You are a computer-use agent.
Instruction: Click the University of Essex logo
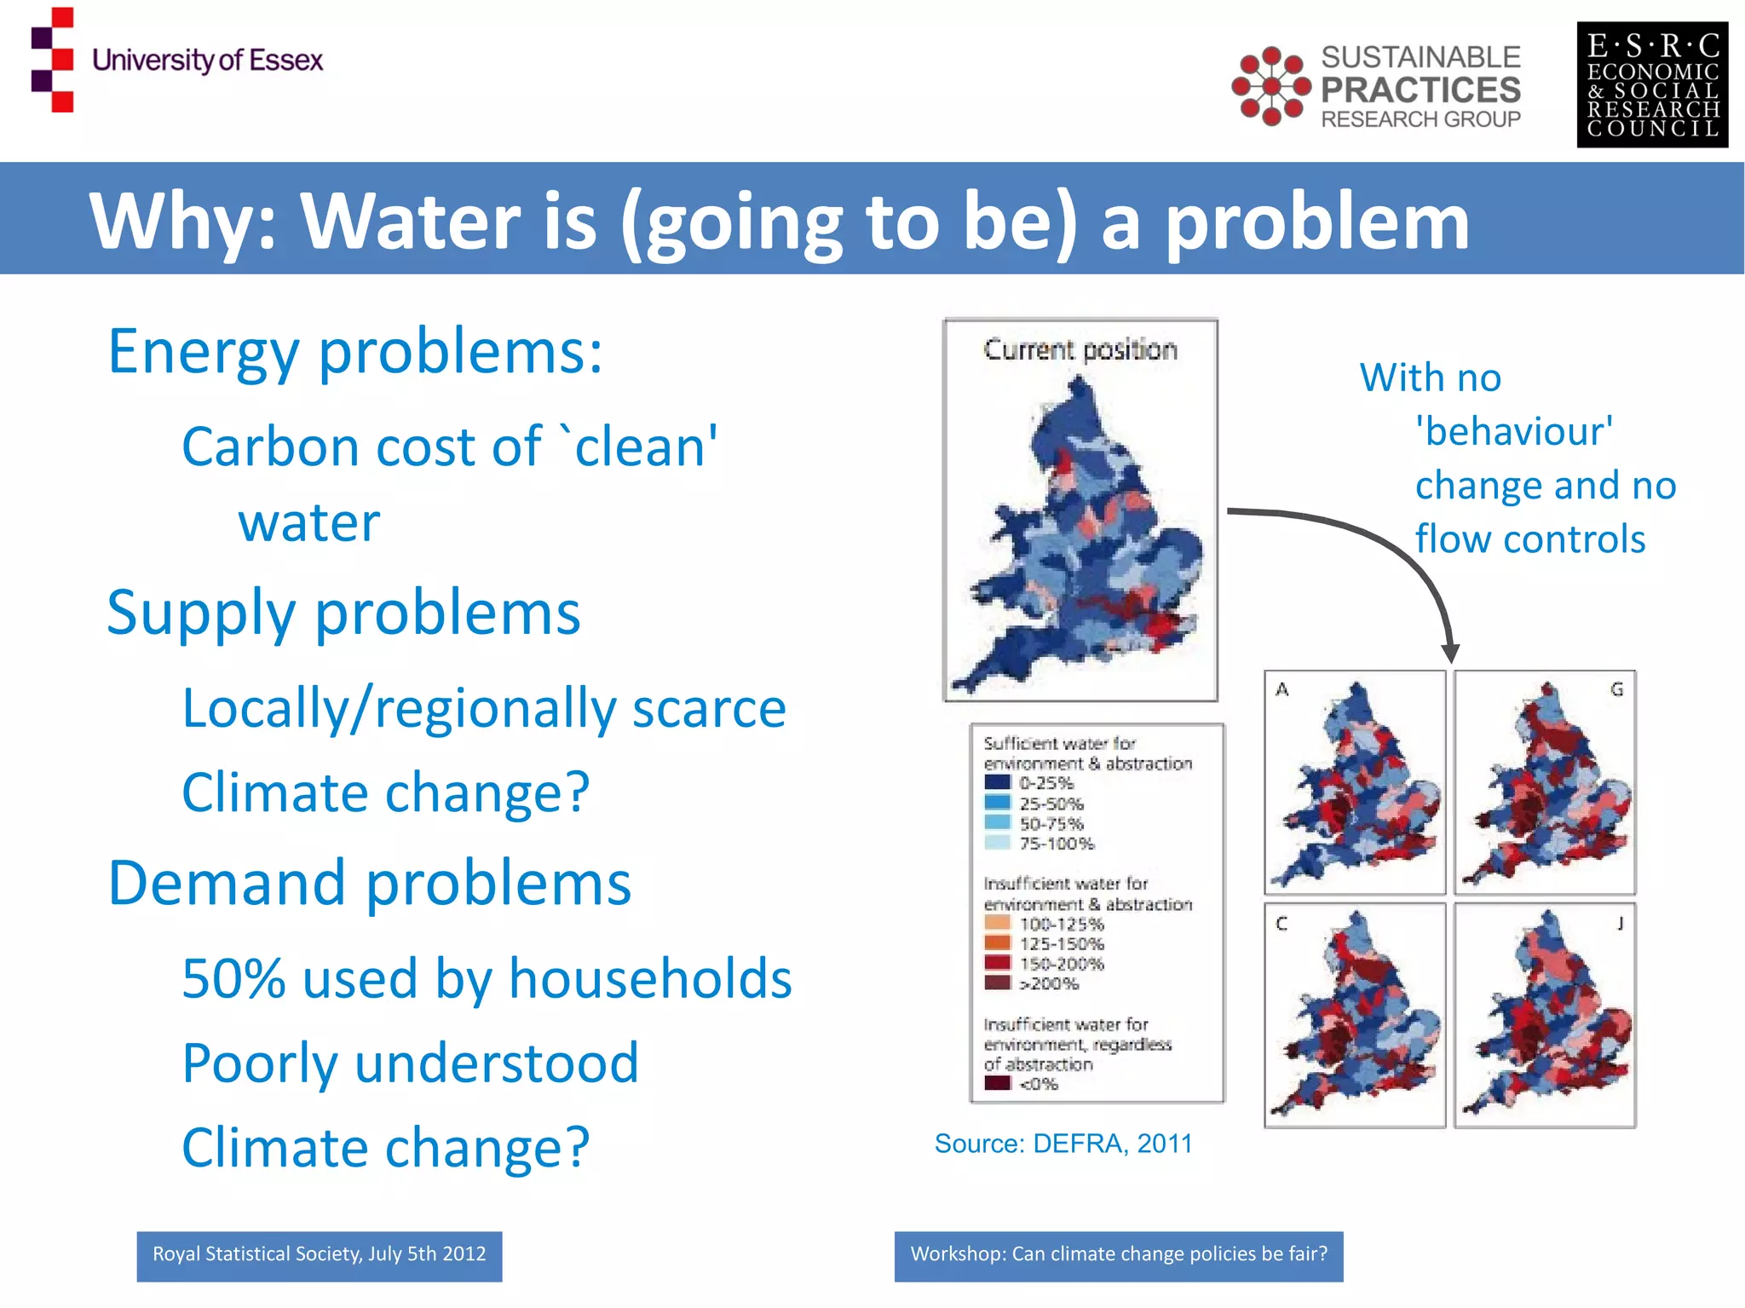click(177, 60)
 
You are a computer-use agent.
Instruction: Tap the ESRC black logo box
click(1651, 85)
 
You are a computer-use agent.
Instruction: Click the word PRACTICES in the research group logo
click(1420, 89)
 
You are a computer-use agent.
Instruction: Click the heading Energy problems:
click(354, 351)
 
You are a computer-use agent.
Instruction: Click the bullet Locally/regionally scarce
click(483, 708)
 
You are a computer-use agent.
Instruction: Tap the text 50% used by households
click(487, 978)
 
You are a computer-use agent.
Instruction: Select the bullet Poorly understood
click(410, 1063)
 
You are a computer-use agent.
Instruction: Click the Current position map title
click(1080, 349)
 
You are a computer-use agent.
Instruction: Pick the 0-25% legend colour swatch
click(997, 782)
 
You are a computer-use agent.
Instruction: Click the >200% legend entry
click(1049, 984)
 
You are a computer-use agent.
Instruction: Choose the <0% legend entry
click(1039, 1084)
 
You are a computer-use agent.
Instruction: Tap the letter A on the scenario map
click(1281, 689)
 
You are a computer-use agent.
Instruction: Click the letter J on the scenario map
click(1620, 923)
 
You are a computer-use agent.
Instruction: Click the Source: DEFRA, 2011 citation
click(1063, 1144)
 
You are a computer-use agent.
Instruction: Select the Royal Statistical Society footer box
click(319, 1255)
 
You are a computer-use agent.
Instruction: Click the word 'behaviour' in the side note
click(1514, 431)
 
